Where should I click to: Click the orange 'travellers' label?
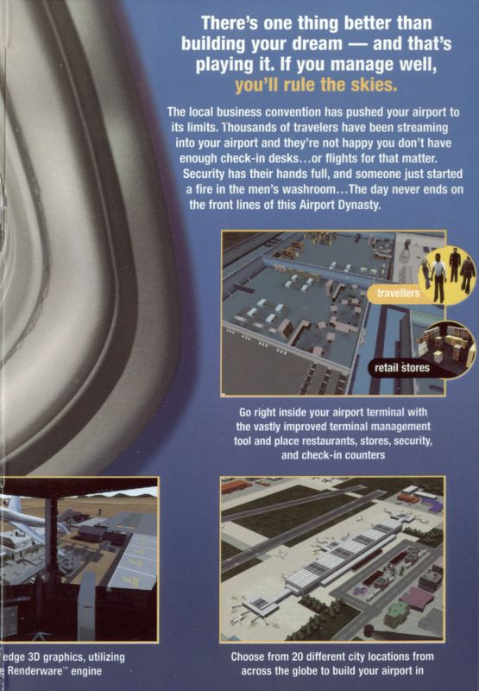click(399, 294)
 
